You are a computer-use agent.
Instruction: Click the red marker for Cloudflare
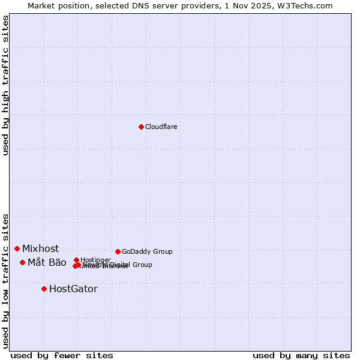pyautogui.click(x=141, y=127)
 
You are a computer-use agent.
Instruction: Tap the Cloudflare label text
pyautogui.click(x=161, y=127)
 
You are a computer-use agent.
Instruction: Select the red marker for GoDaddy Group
pyautogui.click(x=118, y=251)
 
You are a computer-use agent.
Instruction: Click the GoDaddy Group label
pyautogui.click(x=147, y=252)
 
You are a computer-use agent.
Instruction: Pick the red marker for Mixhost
pyautogui.click(x=17, y=248)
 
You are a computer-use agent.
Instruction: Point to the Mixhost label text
pyautogui.click(x=41, y=248)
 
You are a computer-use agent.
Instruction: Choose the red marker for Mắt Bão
pyautogui.click(x=22, y=262)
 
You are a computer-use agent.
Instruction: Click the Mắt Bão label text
pyautogui.click(x=47, y=262)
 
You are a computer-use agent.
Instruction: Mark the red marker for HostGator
pyautogui.click(x=44, y=289)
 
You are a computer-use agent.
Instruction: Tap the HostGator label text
pyautogui.click(x=73, y=289)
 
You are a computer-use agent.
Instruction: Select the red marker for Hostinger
pyautogui.click(x=76, y=260)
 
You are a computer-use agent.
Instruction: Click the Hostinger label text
pyautogui.click(x=95, y=260)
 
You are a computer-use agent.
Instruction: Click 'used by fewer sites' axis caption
pyautogui.click(x=62, y=355)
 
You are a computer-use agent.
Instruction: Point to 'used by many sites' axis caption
pyautogui.click(x=301, y=355)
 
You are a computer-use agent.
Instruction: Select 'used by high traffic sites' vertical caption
pyautogui.click(x=6, y=85)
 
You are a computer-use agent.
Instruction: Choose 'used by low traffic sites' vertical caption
pyautogui.click(x=6, y=280)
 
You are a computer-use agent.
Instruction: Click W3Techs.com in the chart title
pyautogui.click(x=308, y=5)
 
